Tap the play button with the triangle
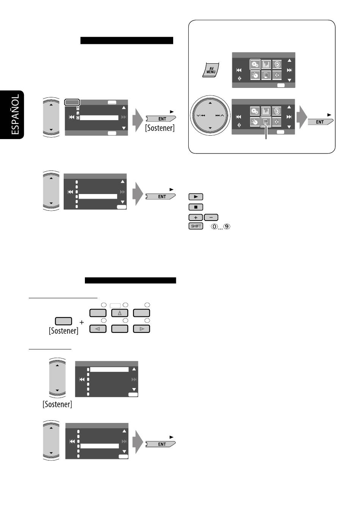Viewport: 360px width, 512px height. (x=196, y=197)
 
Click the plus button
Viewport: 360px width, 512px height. (x=196, y=218)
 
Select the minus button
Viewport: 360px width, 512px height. (x=211, y=218)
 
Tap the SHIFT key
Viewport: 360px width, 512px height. (x=196, y=226)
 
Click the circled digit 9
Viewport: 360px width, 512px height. (x=227, y=227)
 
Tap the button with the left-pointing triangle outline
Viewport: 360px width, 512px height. (x=98, y=329)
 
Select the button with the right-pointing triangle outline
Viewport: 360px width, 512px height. (x=142, y=329)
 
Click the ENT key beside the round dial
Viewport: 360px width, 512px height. (x=319, y=122)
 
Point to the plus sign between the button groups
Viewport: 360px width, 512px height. (x=81, y=322)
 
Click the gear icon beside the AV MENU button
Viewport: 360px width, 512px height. (x=255, y=64)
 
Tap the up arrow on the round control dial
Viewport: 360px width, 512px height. (x=210, y=103)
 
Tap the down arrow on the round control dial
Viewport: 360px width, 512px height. (x=210, y=128)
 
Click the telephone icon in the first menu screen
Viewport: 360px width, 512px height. (x=78, y=118)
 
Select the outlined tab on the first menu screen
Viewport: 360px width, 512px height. (x=72, y=102)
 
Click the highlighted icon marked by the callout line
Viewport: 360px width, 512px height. (x=266, y=122)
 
